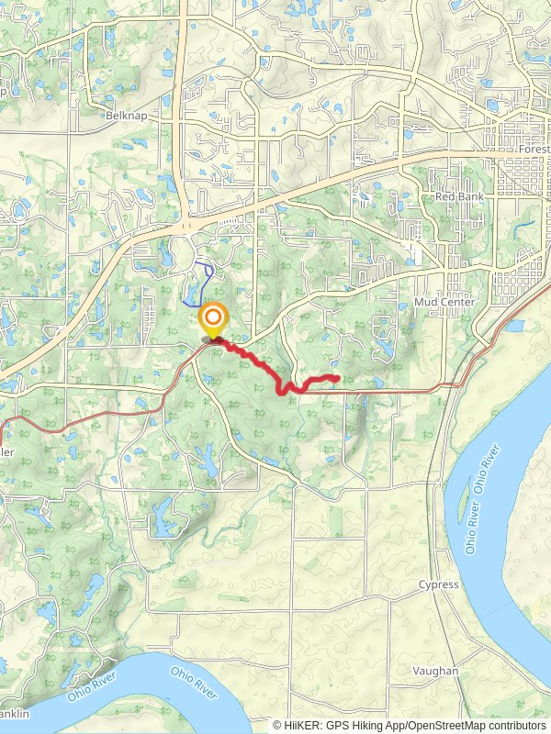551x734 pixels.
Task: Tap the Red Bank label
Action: [457, 197]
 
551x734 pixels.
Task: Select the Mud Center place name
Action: [444, 302]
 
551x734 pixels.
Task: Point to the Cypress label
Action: [438, 584]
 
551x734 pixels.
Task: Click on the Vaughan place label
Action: [435, 671]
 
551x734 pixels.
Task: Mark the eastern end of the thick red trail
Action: [338, 377]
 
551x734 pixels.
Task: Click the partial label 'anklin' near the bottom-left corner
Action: [15, 714]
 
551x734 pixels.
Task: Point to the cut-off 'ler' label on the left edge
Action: [6, 452]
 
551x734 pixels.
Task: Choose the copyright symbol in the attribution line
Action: [277, 725]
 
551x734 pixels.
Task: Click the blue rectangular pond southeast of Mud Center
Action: [513, 326]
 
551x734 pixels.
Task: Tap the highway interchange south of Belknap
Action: [187, 222]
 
